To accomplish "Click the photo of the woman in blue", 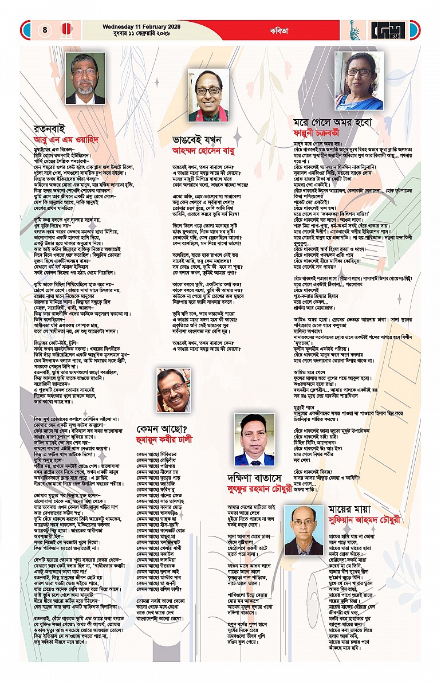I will (x=359, y=80).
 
